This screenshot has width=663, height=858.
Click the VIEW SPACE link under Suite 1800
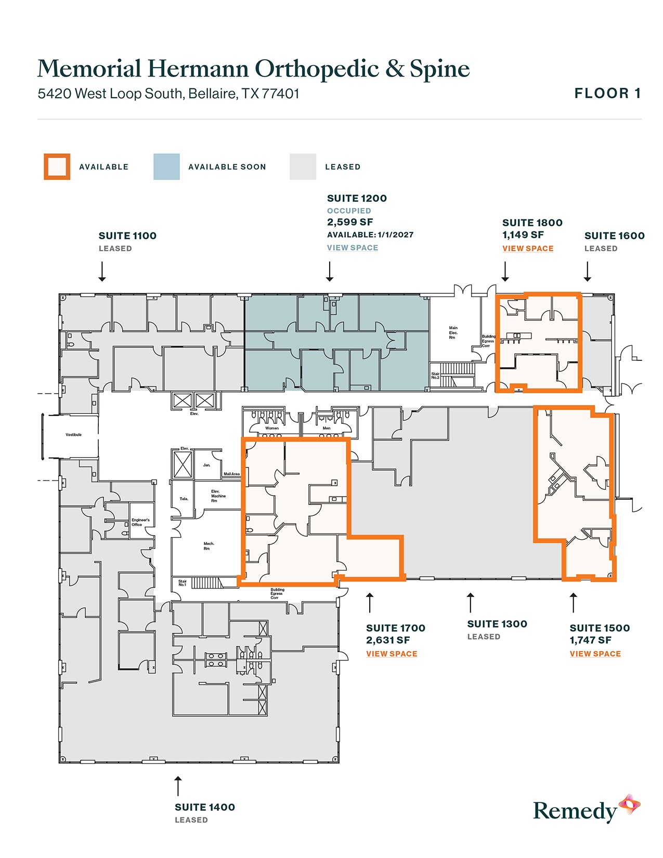tap(527, 249)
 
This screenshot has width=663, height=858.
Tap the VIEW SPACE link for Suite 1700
tap(391, 654)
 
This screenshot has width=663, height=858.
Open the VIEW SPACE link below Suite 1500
tap(595, 654)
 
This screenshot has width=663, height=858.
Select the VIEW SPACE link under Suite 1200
tap(352, 248)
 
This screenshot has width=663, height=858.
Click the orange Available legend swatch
tap(57, 167)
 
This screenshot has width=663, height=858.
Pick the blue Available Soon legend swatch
tap(166, 167)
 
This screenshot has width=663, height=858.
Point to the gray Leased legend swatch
tap(303, 167)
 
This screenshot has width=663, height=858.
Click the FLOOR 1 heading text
tap(607, 94)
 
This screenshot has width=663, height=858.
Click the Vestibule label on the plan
tap(73, 435)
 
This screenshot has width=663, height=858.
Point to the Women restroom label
tap(272, 428)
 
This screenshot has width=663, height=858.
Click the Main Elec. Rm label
tap(453, 333)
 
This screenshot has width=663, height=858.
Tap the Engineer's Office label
tap(140, 522)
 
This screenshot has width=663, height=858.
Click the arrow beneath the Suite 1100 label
tap(102, 271)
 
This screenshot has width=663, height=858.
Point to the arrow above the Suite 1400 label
tap(178, 786)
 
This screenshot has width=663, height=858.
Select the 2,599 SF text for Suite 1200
tap(349, 222)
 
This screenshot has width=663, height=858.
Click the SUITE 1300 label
tap(497, 624)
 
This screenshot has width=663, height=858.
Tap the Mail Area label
tap(231, 474)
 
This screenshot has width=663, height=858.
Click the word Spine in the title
tap(439, 69)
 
